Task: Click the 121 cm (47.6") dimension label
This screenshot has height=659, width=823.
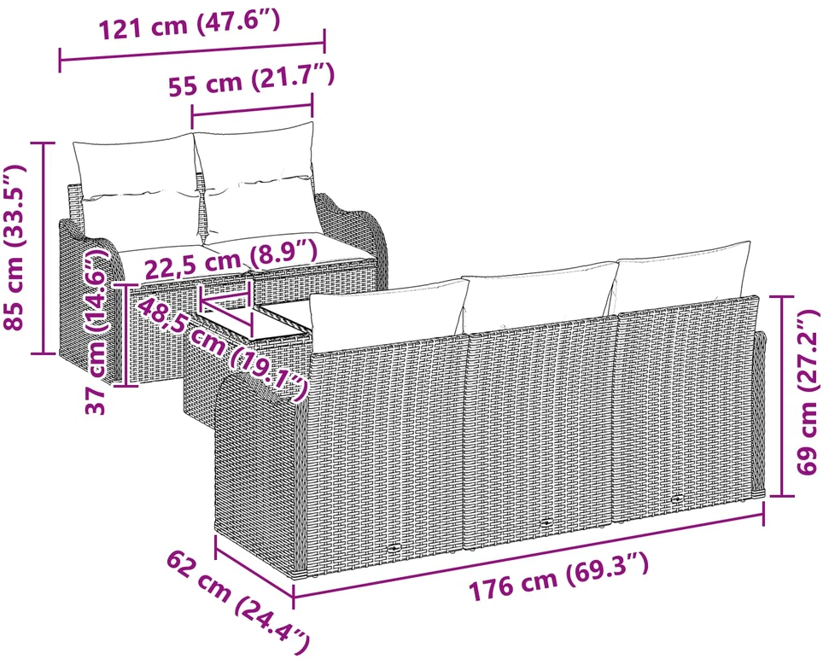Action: pos(190,24)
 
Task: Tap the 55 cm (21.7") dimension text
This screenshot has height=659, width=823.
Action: pos(251,79)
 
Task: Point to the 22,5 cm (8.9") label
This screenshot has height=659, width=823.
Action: pos(231,257)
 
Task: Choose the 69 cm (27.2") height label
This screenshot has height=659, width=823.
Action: pos(807,392)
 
